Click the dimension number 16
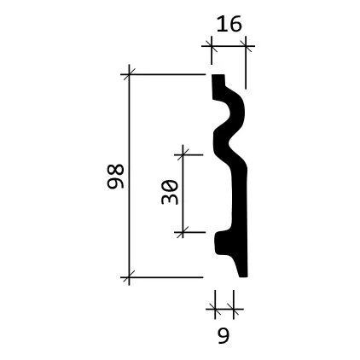(229, 24)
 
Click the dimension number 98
(115, 177)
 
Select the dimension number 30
(170, 192)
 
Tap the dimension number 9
(224, 335)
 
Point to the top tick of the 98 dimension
(129, 74)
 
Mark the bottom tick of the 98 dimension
(129, 277)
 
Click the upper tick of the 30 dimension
(183, 154)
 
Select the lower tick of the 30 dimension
(183, 232)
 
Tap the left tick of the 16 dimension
(212, 45)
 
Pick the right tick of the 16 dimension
(246, 45)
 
